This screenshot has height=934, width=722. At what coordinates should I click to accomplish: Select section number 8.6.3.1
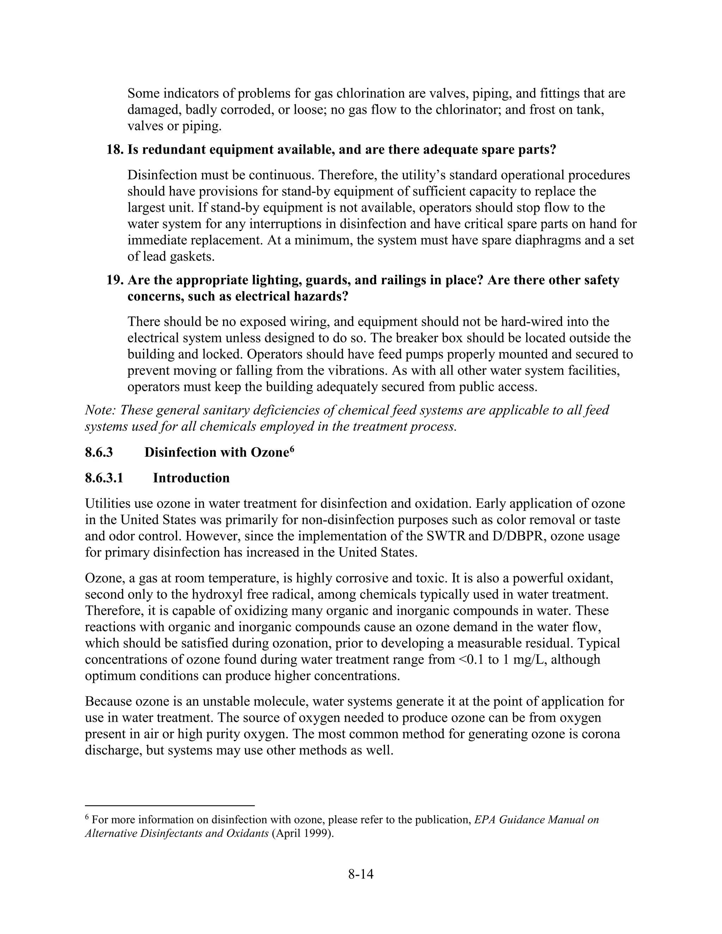tap(104, 478)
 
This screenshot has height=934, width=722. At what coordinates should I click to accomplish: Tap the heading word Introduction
tap(191, 478)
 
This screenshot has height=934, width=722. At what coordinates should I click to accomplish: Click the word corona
tap(600, 734)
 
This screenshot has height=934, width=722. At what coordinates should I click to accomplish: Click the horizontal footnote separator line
tap(170, 805)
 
